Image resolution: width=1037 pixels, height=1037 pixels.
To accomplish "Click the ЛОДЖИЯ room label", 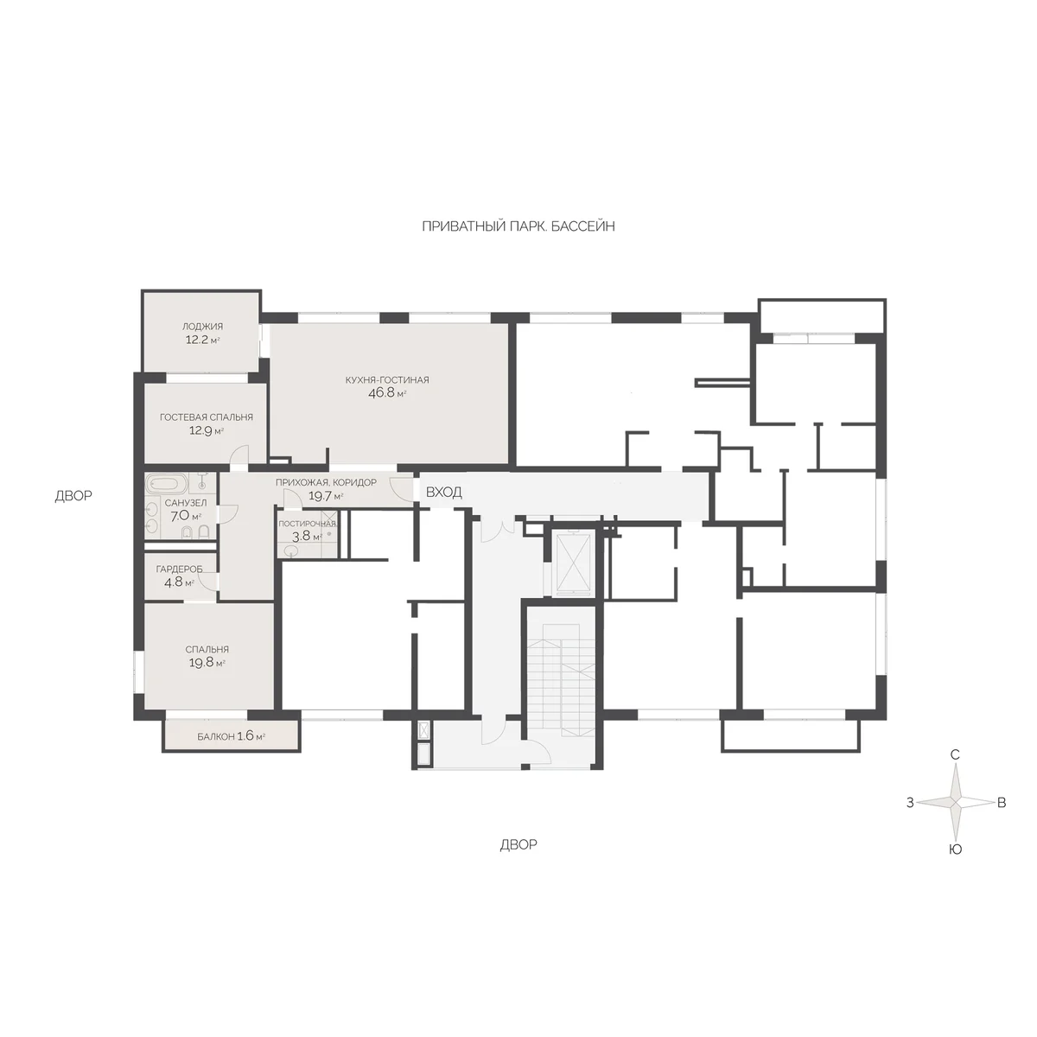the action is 202,326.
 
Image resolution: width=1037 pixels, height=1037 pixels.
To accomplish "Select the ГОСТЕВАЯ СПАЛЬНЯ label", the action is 207,417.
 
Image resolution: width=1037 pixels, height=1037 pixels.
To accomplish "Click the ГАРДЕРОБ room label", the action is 179,569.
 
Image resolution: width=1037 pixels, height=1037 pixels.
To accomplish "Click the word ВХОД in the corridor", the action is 444,492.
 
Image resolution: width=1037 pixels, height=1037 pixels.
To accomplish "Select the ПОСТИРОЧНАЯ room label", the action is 308,524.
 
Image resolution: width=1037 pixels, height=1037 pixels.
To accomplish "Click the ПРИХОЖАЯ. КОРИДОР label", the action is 326,482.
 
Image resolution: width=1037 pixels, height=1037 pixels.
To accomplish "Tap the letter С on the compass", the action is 955,755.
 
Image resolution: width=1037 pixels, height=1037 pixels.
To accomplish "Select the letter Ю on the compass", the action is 956,849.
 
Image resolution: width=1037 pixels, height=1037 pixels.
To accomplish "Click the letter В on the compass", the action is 1002,803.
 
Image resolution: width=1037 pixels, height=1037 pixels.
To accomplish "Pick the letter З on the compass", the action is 910,803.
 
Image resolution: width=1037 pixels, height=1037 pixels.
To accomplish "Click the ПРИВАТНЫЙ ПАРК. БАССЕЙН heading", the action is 518,226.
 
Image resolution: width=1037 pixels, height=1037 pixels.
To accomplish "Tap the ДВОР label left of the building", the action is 73,496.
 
